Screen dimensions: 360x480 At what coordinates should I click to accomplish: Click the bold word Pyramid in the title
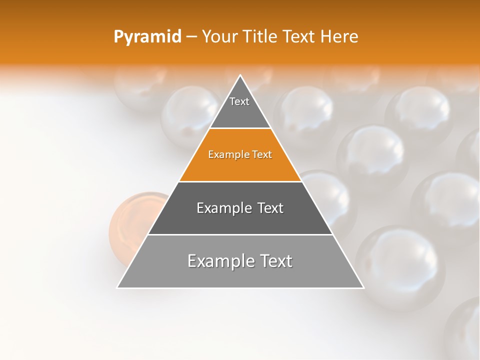(x=147, y=37)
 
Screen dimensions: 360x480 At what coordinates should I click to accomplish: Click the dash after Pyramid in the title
(x=191, y=37)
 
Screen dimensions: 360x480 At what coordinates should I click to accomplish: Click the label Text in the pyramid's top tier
(x=239, y=101)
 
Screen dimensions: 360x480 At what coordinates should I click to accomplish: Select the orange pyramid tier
(x=240, y=165)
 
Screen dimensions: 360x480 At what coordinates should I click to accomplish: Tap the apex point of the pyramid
(x=240, y=76)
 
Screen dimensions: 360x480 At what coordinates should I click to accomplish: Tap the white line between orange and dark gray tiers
(x=240, y=181)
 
